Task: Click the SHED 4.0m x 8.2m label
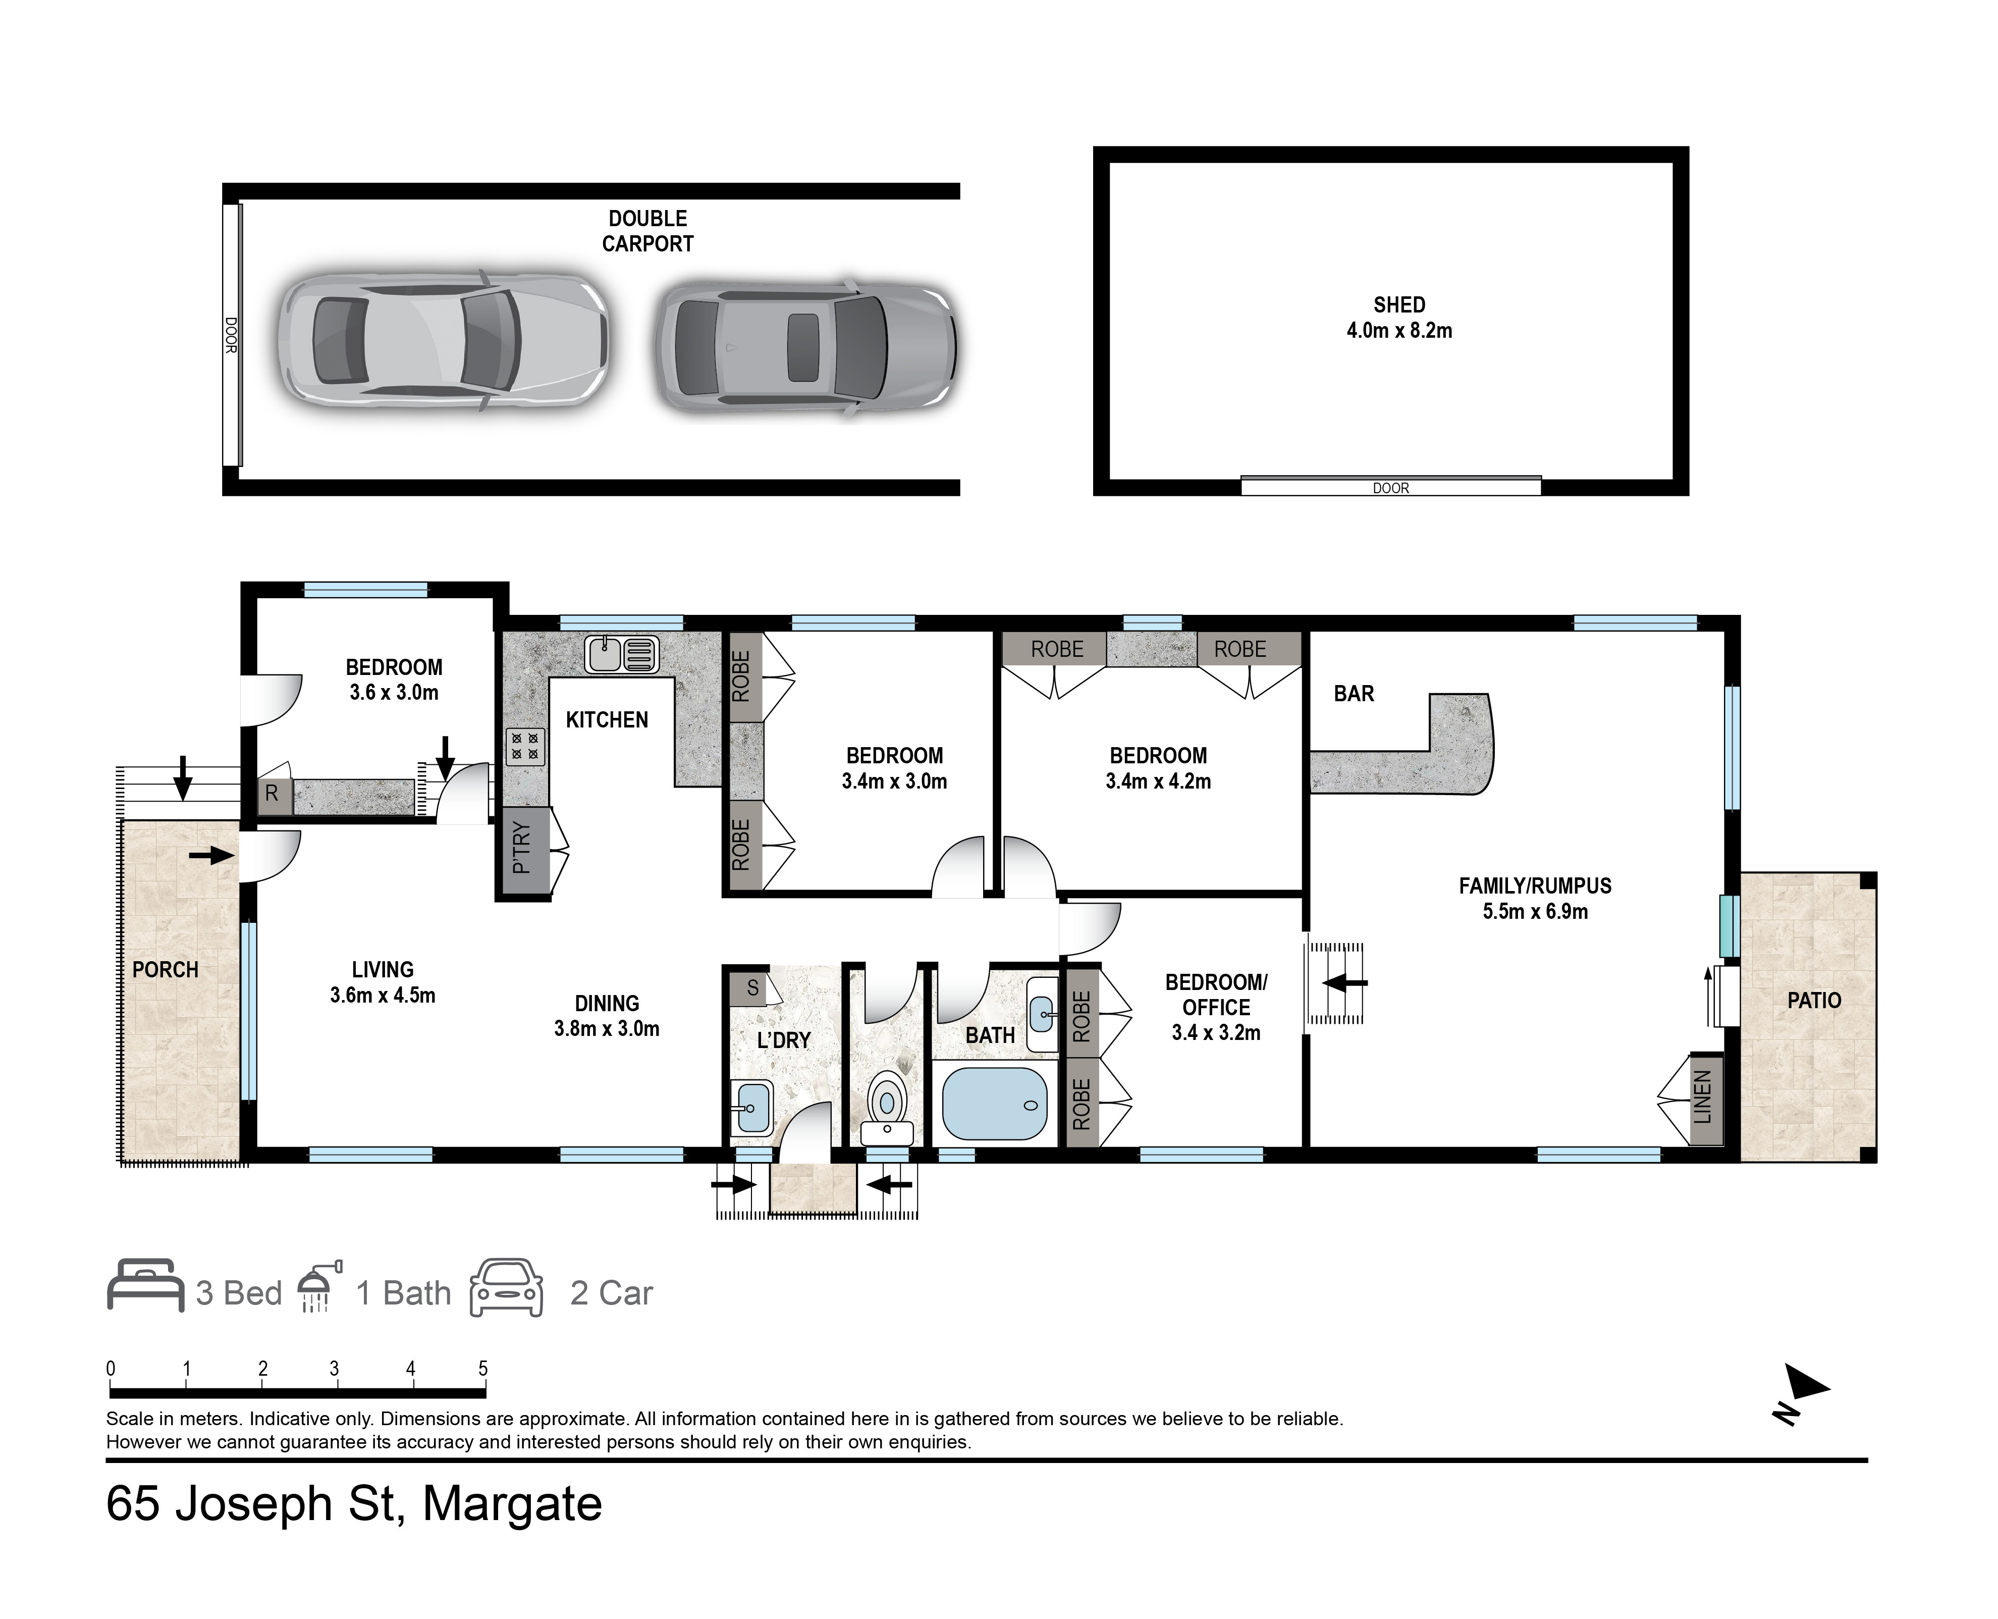(x=1398, y=317)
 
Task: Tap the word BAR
(x=1353, y=694)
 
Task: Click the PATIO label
(x=1813, y=1001)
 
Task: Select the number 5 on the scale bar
(x=483, y=1368)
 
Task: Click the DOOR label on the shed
(x=1390, y=488)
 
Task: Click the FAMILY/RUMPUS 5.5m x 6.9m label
(x=1535, y=898)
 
